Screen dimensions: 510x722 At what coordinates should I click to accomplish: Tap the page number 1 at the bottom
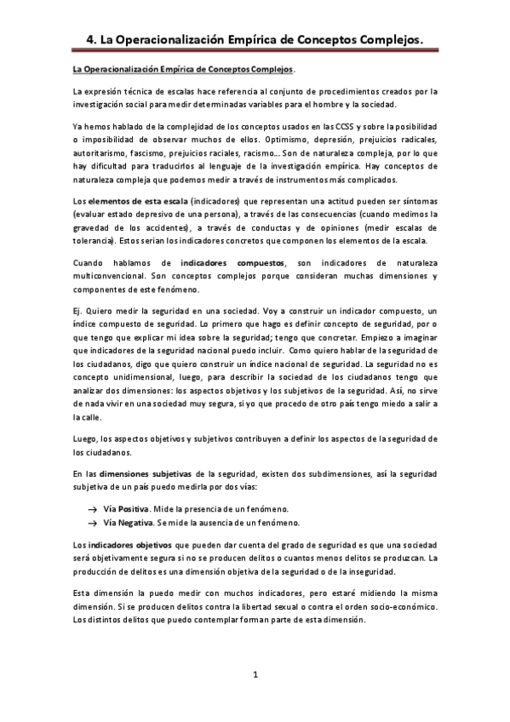pos(255,675)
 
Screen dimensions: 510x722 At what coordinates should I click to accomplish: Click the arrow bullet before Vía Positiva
pos(91,507)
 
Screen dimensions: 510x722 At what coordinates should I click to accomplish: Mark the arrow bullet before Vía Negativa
pos(91,521)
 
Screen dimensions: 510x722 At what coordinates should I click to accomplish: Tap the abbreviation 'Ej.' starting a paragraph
pos(78,313)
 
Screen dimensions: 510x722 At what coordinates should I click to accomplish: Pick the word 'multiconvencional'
pos(113,277)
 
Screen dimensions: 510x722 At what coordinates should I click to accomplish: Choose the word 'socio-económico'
pos(404,606)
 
